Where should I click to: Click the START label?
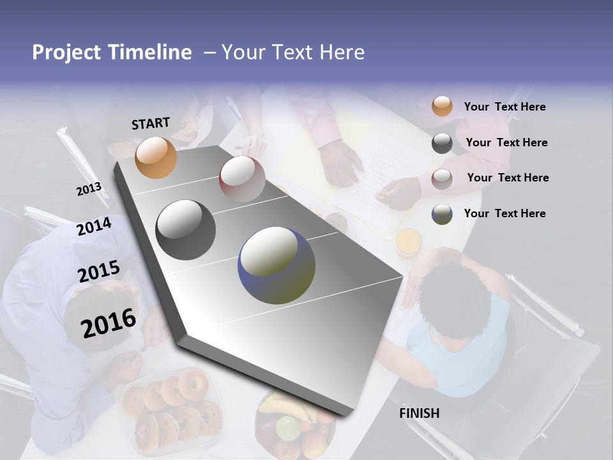(151, 123)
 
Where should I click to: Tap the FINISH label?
(420, 413)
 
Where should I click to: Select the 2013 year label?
(89, 189)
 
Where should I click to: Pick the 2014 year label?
(94, 226)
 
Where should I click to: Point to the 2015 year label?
(98, 272)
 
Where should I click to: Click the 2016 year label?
(109, 323)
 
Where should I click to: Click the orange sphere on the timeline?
(156, 157)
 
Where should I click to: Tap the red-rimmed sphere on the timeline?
(242, 179)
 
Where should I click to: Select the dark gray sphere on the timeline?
(185, 230)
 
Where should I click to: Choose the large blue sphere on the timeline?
(276, 266)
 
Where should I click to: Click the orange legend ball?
(442, 106)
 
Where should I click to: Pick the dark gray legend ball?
(442, 143)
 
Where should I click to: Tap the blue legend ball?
(442, 214)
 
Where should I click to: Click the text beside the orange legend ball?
(504, 107)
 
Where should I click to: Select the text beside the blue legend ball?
(504, 213)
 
